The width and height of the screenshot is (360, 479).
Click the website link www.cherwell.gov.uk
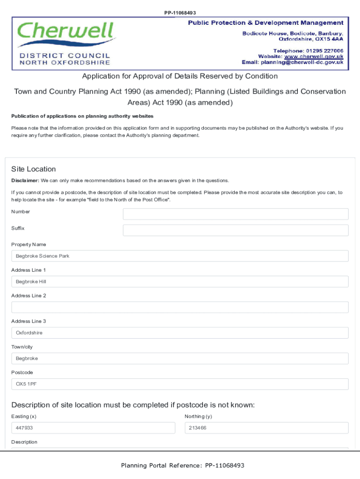point(314,56)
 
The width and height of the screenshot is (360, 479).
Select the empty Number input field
point(235,214)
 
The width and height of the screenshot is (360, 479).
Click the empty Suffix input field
point(235,230)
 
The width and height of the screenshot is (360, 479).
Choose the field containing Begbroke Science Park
point(180,256)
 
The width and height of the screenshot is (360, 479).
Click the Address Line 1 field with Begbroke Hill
point(180,282)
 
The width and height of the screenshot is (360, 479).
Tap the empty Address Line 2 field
point(180,307)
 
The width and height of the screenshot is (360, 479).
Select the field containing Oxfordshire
point(180,333)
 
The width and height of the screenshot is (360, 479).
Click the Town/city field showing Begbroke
point(180,358)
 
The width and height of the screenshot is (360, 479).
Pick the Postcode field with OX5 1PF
point(180,384)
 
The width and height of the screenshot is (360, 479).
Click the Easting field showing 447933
point(93,428)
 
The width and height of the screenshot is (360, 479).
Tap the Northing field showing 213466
point(266,428)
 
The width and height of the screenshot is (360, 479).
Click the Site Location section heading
point(33,169)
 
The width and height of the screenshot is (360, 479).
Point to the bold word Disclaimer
point(25,181)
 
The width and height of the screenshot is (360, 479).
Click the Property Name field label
point(29,245)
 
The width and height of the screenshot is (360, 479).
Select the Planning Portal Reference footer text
point(183,465)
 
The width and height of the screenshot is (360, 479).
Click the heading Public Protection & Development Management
point(266,23)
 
